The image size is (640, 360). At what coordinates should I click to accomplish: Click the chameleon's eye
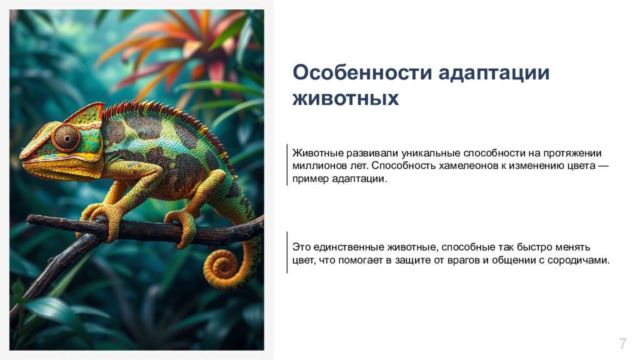click(66, 138)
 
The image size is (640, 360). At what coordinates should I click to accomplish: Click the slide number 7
click(622, 343)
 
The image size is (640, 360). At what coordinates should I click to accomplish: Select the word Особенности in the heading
click(362, 72)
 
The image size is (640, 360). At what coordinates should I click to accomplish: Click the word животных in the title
click(345, 99)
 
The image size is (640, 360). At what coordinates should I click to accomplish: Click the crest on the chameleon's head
click(86, 112)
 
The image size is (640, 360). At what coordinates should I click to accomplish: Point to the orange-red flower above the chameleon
click(179, 45)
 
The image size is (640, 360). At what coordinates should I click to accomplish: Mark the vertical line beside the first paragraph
click(287, 164)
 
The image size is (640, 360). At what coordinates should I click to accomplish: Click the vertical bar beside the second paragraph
click(287, 252)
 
